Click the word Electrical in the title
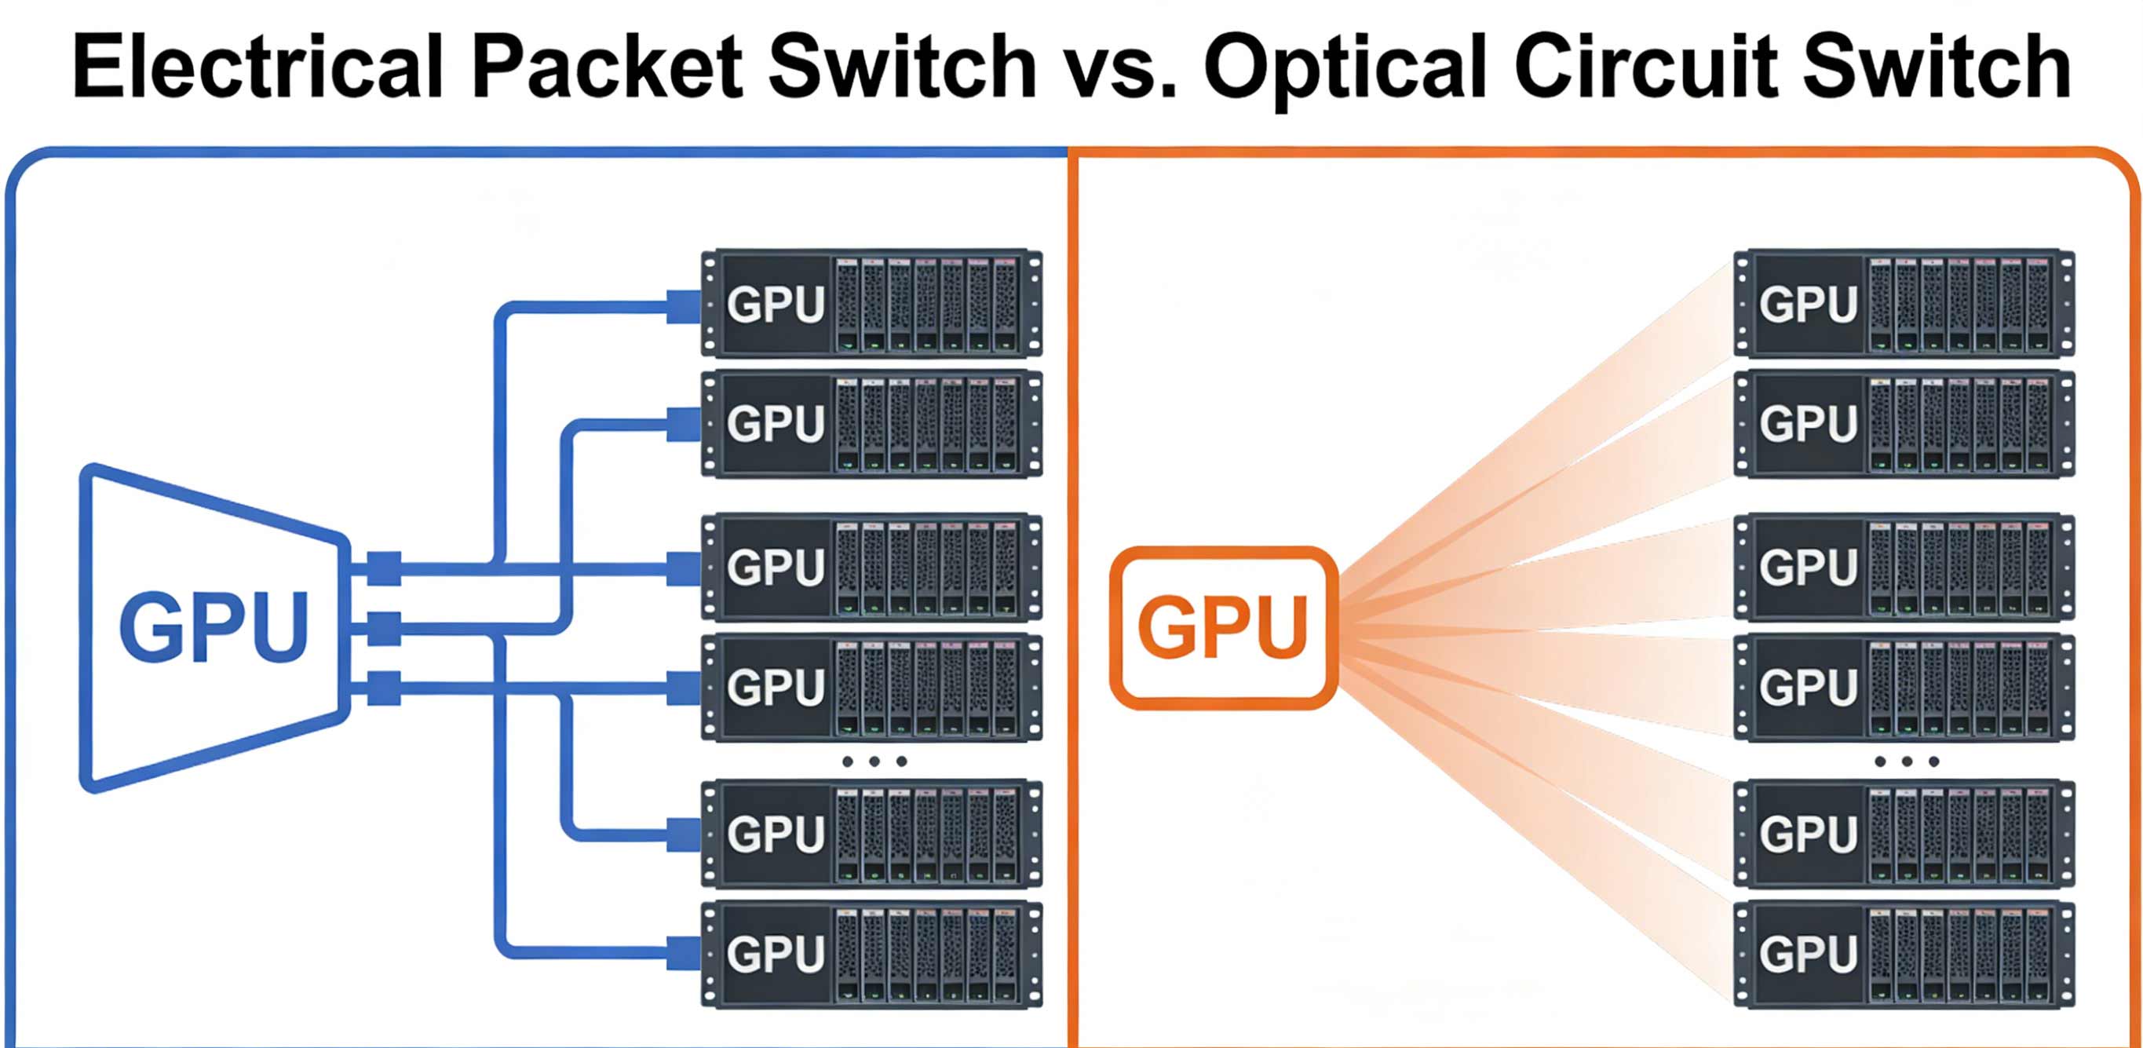(x=258, y=67)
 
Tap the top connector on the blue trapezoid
(x=384, y=568)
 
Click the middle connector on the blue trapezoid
(x=384, y=628)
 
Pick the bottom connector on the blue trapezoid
(x=384, y=688)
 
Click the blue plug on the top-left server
(x=684, y=306)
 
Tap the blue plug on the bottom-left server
(x=684, y=952)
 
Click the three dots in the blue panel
(x=874, y=761)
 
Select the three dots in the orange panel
(x=1907, y=761)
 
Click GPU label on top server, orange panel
(x=1809, y=305)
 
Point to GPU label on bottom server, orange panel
(x=1809, y=953)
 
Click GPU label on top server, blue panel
(x=776, y=305)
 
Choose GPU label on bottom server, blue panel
(x=776, y=953)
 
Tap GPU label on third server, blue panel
(x=776, y=568)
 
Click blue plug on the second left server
(x=684, y=424)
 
